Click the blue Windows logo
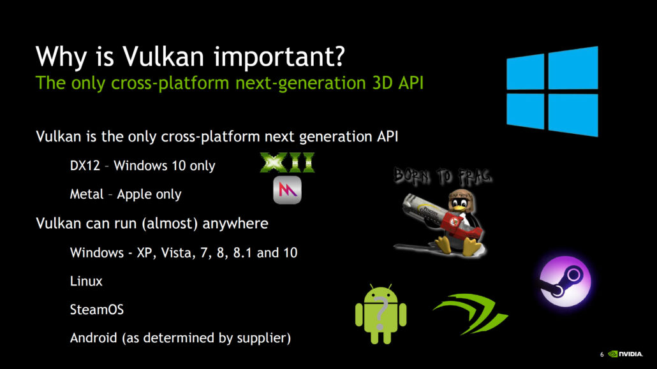click(x=552, y=91)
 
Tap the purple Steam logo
click(x=565, y=282)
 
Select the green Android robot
click(x=380, y=314)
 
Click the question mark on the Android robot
click(x=381, y=312)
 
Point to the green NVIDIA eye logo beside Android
click(x=471, y=312)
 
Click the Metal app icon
click(x=287, y=190)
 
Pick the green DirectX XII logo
click(x=288, y=163)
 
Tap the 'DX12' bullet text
click(x=83, y=166)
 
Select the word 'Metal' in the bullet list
click(x=86, y=194)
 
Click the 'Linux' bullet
click(x=86, y=281)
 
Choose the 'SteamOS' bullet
click(x=97, y=310)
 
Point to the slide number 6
click(x=602, y=355)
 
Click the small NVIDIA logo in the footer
click(x=628, y=354)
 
